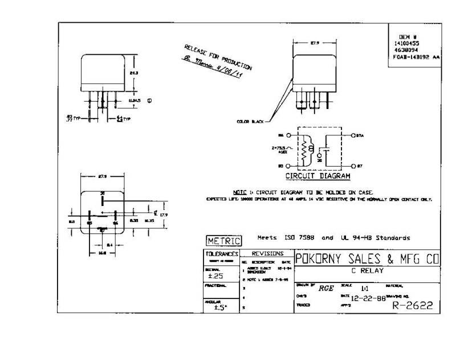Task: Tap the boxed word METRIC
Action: pos(223,240)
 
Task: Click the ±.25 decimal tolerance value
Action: pos(215,276)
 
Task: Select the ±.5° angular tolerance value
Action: pos(215,308)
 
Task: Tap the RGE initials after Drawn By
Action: pos(325,288)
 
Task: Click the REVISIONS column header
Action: pos(263,252)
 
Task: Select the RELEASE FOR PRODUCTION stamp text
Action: pos(217,56)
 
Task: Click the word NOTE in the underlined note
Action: pos(239,192)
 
